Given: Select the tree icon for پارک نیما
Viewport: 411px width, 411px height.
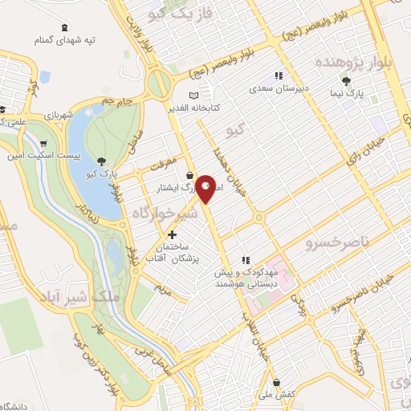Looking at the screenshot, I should point(346,81).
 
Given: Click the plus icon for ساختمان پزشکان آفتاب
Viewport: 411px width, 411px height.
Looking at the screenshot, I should point(172,234).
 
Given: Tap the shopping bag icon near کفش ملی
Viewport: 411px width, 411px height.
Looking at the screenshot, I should point(277,382).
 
